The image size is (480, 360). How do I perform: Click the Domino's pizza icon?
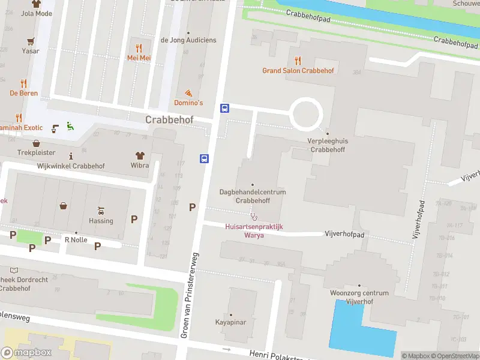coord(188,93)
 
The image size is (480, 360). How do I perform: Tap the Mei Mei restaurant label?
coord(138,58)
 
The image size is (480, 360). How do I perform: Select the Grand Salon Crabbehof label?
coord(298,70)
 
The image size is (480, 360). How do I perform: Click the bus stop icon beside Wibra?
coord(204,158)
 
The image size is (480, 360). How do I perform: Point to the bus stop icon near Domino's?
coord(225,109)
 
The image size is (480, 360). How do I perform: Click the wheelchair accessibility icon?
coord(70,125)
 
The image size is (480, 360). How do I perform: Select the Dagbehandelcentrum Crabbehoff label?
coord(252,196)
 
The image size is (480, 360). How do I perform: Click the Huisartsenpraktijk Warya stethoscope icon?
coord(254,217)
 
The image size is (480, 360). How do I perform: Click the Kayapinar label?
coord(231,322)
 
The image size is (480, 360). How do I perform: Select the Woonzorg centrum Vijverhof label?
coord(359,297)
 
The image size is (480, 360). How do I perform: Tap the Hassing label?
coord(101,220)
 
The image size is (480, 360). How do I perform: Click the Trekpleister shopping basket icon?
coord(37,143)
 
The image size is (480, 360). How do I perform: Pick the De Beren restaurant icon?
coord(23,83)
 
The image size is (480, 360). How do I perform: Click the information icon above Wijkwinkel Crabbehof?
coord(71,156)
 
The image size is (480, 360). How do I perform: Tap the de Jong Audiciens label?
coord(188,40)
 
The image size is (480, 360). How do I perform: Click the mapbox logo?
coord(26,353)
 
